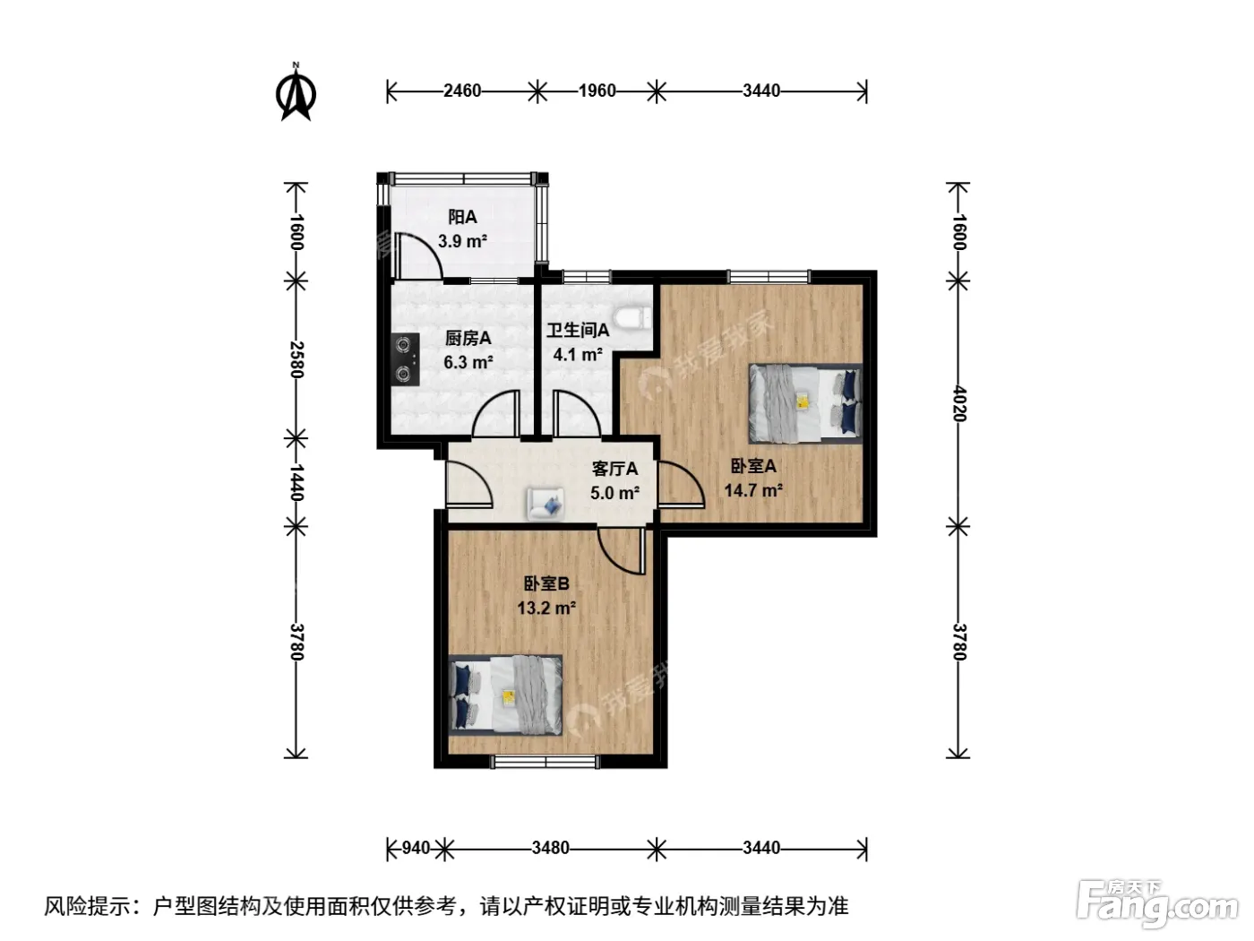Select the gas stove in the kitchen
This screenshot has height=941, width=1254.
406,359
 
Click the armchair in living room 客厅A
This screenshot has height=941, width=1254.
545,504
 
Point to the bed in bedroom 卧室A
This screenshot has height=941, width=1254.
805,403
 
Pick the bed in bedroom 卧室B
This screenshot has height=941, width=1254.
506,695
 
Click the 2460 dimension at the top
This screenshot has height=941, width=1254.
462,91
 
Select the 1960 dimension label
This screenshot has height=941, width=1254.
597,91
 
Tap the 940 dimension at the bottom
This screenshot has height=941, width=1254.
416,848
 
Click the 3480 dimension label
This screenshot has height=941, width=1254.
550,848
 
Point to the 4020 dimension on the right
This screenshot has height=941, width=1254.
959,403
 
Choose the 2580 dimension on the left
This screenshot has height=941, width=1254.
296,360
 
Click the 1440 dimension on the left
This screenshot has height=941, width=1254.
296,482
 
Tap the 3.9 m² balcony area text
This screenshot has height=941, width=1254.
462,241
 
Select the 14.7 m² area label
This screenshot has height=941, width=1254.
753,490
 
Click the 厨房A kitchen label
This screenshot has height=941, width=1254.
468,338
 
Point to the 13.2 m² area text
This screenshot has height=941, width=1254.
546,608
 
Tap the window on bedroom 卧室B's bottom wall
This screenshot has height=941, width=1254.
546,762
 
